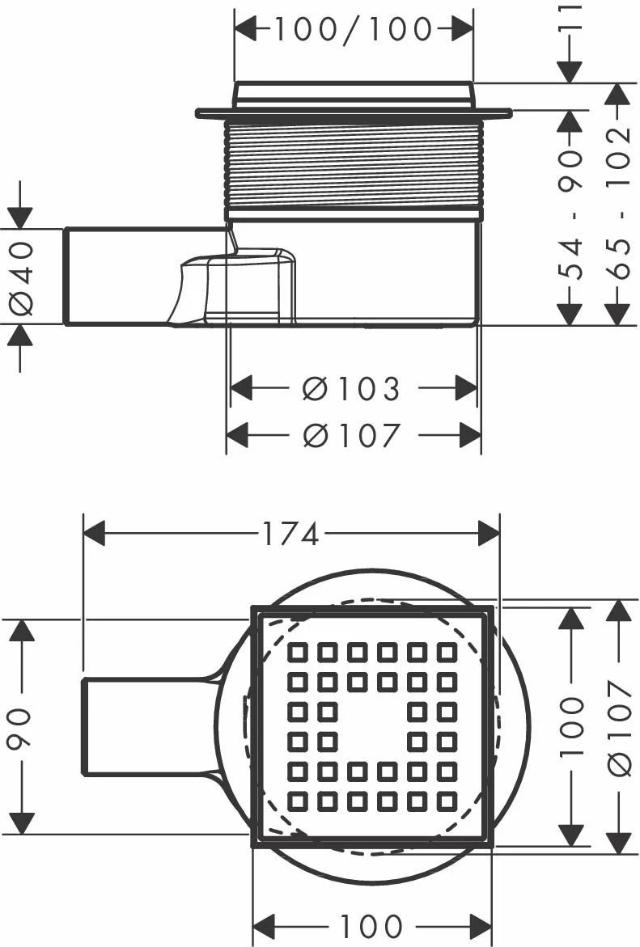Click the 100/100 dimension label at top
tap(353, 29)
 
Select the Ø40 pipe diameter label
tap(22, 277)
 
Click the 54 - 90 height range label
tap(572, 213)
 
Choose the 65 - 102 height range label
tap(619, 202)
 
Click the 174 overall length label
tap(290, 534)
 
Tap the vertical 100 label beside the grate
tap(572, 726)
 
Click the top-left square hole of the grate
tap(298, 652)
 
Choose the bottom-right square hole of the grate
tap(447, 801)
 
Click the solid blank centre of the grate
tap(372, 726)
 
